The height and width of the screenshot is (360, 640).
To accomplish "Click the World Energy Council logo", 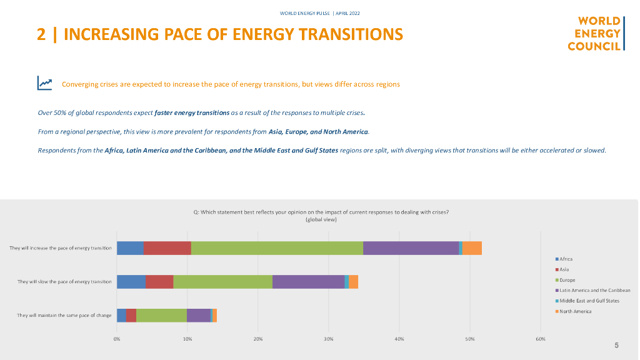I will pyautogui.click(x=595, y=34).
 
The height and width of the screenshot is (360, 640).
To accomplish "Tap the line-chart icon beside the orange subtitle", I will pyautogui.click(x=44, y=83).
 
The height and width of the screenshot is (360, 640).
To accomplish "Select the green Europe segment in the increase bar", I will pyautogui.click(x=277, y=247).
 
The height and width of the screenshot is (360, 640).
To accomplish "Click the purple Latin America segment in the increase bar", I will pyautogui.click(x=411, y=247).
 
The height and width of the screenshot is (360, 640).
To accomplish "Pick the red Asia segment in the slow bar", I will pyautogui.click(x=159, y=282).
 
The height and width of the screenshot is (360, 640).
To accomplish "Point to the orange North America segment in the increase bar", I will pyautogui.click(x=472, y=247).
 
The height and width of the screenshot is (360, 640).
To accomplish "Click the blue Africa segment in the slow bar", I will pyautogui.click(x=131, y=282).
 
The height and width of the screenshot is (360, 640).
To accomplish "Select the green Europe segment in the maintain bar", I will pyautogui.click(x=161, y=315).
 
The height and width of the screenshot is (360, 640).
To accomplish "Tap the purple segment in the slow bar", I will pyautogui.click(x=308, y=282).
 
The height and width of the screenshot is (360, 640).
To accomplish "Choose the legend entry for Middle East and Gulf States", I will pyautogui.click(x=589, y=301).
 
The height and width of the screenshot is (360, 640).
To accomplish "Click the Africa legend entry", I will pyautogui.click(x=566, y=259).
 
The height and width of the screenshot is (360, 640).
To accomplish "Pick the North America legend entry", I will pyautogui.click(x=575, y=311).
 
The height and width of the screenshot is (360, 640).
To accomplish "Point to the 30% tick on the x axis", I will pyautogui.click(x=329, y=339).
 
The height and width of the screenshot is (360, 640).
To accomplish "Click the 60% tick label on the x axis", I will pyautogui.click(x=541, y=339).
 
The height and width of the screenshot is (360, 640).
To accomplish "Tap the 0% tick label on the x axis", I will pyautogui.click(x=117, y=339).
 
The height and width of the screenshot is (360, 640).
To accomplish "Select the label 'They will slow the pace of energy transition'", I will pyautogui.click(x=64, y=282).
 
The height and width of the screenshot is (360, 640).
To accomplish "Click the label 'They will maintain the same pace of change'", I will pyautogui.click(x=64, y=315).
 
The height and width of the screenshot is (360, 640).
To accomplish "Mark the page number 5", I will pyautogui.click(x=616, y=345).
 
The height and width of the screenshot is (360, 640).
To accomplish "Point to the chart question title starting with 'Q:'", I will pyautogui.click(x=321, y=212).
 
